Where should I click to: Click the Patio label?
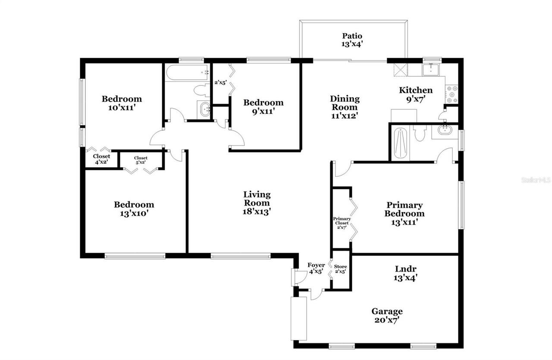[352, 40]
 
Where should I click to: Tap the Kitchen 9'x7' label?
[416, 94]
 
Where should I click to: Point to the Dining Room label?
[345, 107]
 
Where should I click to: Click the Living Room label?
[257, 203]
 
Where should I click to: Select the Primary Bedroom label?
[404, 213]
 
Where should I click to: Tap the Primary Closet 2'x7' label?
[342, 223]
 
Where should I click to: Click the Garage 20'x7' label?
[387, 315]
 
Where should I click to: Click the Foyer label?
[316, 268]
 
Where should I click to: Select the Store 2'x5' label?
[341, 269]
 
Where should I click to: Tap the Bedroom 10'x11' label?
[122, 103]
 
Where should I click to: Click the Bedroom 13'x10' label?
[134, 209]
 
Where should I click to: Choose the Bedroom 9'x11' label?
[263, 106]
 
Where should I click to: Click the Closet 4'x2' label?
[101, 159]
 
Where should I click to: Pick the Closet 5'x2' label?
[141, 160]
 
